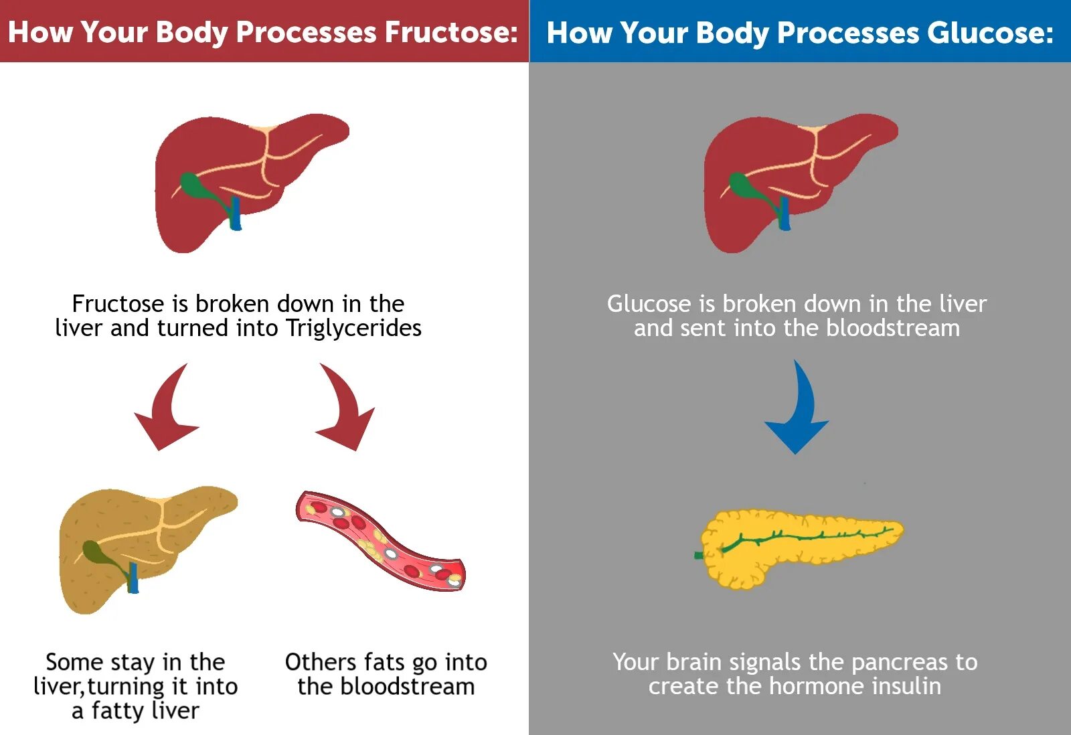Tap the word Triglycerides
tap(353, 328)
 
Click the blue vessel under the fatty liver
tap(133, 579)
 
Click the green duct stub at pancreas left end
tap(699, 556)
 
